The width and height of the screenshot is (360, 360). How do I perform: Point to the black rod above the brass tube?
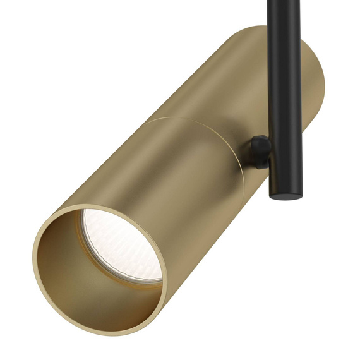284,16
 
